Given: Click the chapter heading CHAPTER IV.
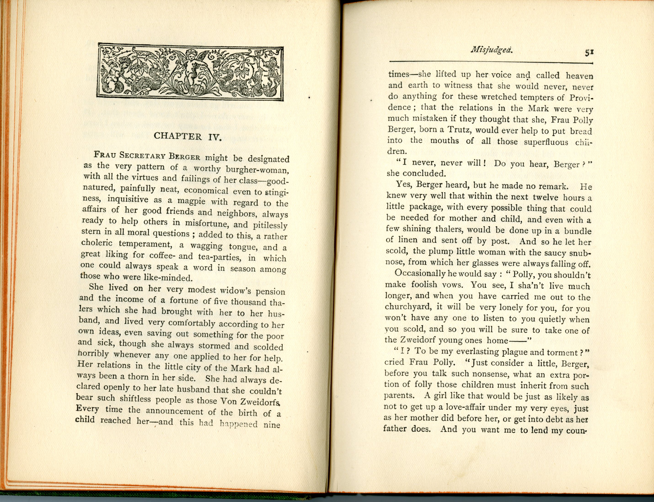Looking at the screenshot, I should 187,137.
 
